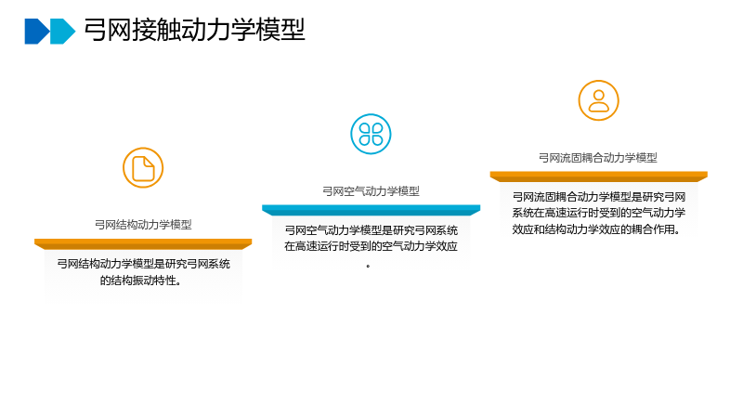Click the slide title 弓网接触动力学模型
(x=194, y=30)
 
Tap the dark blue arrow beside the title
(x=37, y=32)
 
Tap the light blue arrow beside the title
(x=62, y=32)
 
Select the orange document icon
(x=143, y=168)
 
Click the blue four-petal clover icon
(x=371, y=134)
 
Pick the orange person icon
(x=598, y=100)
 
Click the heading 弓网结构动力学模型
(x=143, y=224)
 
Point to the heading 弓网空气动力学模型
(x=371, y=191)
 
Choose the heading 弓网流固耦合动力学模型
(x=598, y=158)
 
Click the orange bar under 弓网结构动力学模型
(x=143, y=244)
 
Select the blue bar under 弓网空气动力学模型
(x=371, y=211)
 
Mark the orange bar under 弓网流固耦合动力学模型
(x=598, y=176)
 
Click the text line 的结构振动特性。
(x=141, y=281)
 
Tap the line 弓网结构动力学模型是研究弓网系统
(x=144, y=264)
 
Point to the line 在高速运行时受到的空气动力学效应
(x=371, y=246)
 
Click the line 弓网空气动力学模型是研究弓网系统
(x=371, y=230)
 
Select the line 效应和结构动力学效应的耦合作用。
(x=596, y=229)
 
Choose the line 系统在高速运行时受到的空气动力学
(x=598, y=213)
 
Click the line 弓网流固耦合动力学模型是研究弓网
(x=598, y=197)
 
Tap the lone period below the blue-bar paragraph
(x=368, y=267)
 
